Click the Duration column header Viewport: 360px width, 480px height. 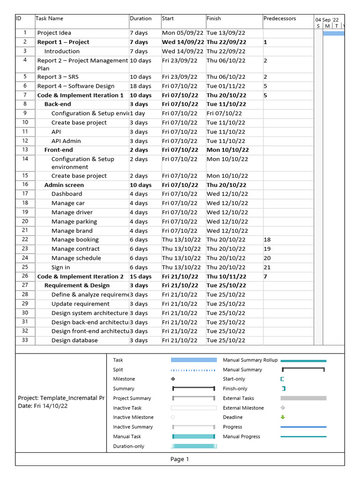[141, 19]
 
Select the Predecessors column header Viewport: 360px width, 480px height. [280, 19]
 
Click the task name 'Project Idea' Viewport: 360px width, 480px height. [54, 33]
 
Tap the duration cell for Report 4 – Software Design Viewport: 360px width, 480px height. [141, 86]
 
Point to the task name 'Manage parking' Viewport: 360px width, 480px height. [74, 222]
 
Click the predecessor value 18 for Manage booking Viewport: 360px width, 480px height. [267, 240]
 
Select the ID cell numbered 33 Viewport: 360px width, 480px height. [25, 340]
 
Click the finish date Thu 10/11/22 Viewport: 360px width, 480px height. [226, 277]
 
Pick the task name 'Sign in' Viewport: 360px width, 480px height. [60, 267]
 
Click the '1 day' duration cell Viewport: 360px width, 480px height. [137, 113]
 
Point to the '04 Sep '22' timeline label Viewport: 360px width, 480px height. [327, 20]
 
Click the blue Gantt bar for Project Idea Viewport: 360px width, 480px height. [334, 33]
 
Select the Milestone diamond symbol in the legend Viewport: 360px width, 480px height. [173, 379]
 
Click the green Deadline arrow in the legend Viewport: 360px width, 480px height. [283, 417]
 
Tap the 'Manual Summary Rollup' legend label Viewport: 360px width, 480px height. [250, 360]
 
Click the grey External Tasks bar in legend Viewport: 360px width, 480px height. [303, 398]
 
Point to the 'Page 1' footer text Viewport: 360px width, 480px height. [180, 459]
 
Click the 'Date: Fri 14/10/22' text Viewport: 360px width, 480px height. [43, 406]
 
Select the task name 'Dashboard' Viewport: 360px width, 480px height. [67, 194]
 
